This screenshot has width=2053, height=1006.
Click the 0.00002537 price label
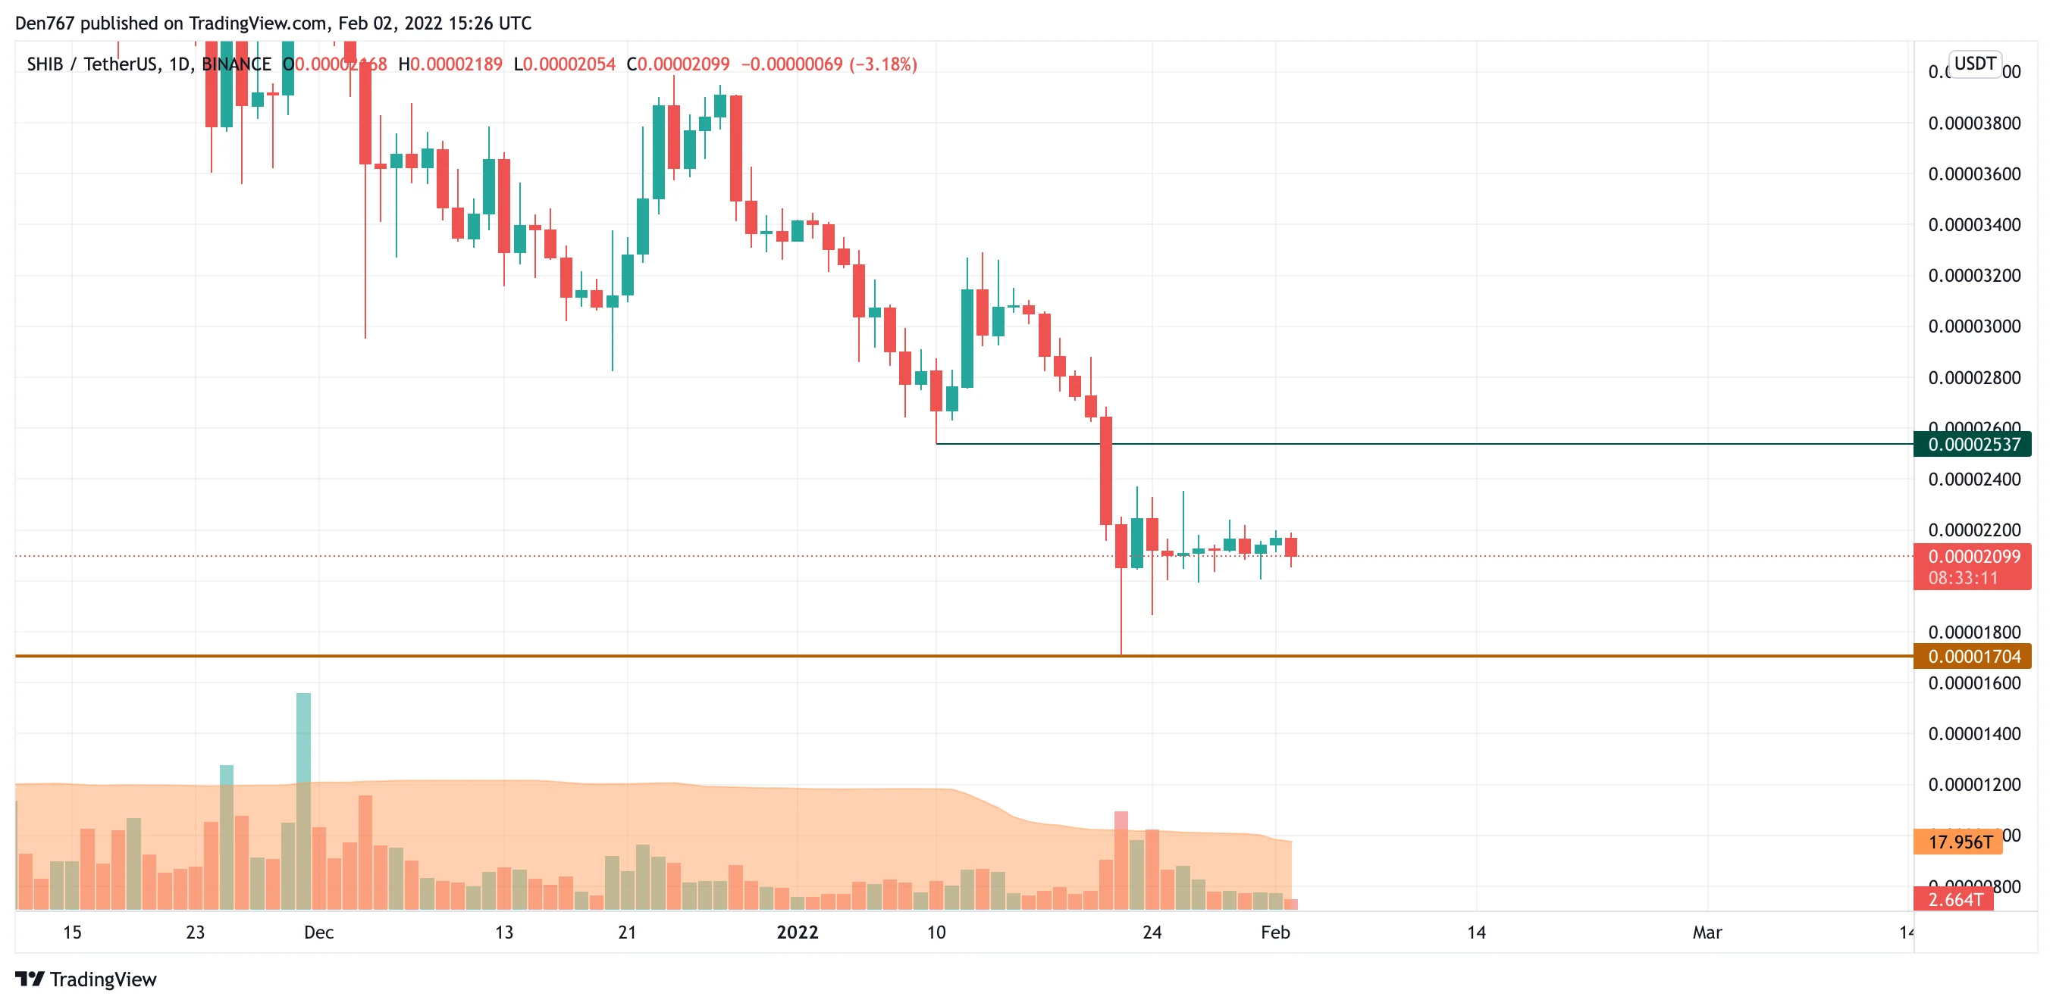[1973, 445]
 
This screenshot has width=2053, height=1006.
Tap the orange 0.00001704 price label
[1973, 656]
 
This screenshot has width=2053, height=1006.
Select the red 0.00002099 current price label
[1973, 556]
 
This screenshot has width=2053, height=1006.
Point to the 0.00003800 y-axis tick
[1973, 123]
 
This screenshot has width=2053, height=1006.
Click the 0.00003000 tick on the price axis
[1973, 326]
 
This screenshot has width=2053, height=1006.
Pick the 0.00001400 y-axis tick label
[1973, 733]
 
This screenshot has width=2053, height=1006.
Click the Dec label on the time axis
[318, 932]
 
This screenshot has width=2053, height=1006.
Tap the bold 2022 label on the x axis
[797, 932]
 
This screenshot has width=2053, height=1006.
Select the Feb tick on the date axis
[1274, 932]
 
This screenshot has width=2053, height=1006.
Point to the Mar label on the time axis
[1707, 932]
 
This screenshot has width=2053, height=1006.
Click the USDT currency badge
[1974, 64]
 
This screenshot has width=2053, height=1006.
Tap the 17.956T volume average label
[1959, 842]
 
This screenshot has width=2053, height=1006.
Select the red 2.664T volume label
[1954, 899]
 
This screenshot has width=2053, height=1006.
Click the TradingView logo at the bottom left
[86, 979]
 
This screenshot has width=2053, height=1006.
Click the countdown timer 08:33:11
[1962, 577]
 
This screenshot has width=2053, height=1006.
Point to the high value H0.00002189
[450, 64]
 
